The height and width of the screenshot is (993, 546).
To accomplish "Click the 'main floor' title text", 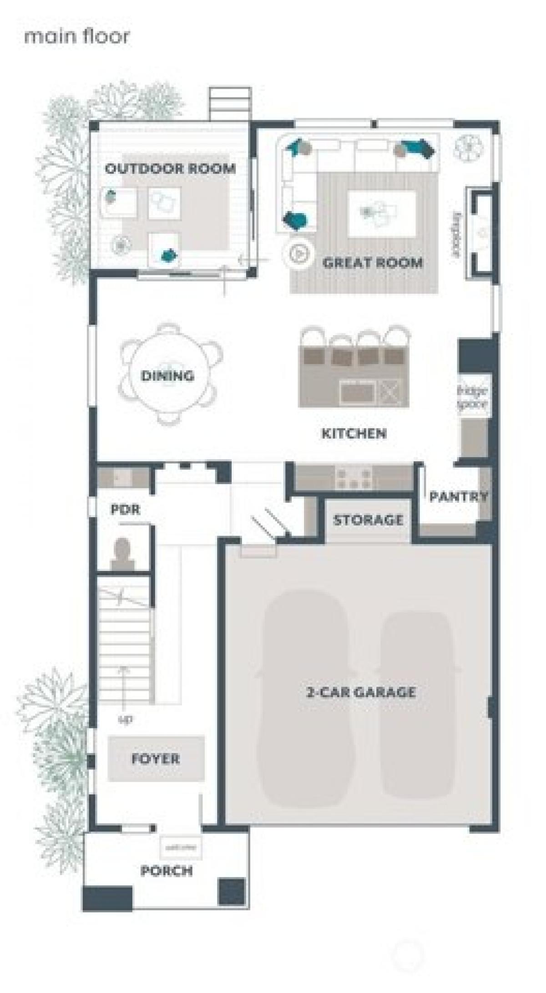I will click(76, 36).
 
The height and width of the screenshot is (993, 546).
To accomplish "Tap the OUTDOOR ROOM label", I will click(170, 168).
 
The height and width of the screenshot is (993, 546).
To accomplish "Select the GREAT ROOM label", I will click(373, 262).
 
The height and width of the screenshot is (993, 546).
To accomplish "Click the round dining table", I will click(168, 375).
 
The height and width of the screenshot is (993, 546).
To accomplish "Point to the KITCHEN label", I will click(354, 433).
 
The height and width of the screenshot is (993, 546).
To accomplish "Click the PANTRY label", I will click(458, 496).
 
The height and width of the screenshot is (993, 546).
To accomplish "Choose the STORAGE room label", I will click(368, 519).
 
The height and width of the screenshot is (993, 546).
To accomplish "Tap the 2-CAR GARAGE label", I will click(361, 693).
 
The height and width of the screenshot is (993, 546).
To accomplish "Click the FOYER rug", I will click(156, 759).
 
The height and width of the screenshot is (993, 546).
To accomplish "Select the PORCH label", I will click(167, 871).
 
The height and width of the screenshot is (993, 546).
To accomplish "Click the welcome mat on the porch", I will click(181, 848).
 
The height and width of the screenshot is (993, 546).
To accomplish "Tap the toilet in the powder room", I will click(122, 552).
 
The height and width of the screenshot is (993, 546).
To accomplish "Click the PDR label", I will click(125, 509).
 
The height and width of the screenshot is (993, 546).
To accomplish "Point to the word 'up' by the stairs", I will click(125, 719).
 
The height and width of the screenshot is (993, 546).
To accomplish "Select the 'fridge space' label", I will click(472, 397).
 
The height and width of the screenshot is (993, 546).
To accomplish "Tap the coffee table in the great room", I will click(381, 214).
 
